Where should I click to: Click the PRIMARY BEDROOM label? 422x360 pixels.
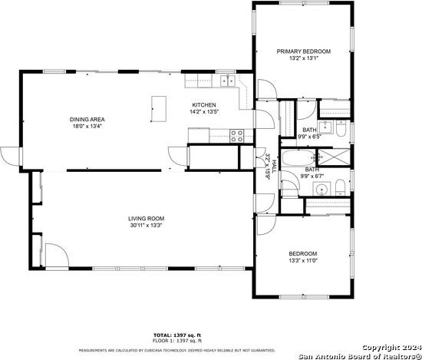pos(304,51)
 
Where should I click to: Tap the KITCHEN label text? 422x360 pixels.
pos(203,105)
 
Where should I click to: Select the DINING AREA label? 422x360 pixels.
pos(87,119)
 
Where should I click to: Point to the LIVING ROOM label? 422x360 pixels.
pos(146,219)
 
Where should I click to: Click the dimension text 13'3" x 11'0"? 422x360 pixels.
pos(303,260)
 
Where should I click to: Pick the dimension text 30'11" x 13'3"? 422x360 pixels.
pos(146,226)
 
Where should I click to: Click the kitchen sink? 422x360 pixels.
pos(228,80)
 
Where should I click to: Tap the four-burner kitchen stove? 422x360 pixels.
pos(237,136)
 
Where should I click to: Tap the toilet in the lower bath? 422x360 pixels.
pos(338,187)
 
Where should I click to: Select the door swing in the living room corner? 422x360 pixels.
pos(54,256)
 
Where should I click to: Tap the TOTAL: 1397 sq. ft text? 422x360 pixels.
pos(176,335)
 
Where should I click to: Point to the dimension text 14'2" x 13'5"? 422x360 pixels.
pos(203,112)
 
